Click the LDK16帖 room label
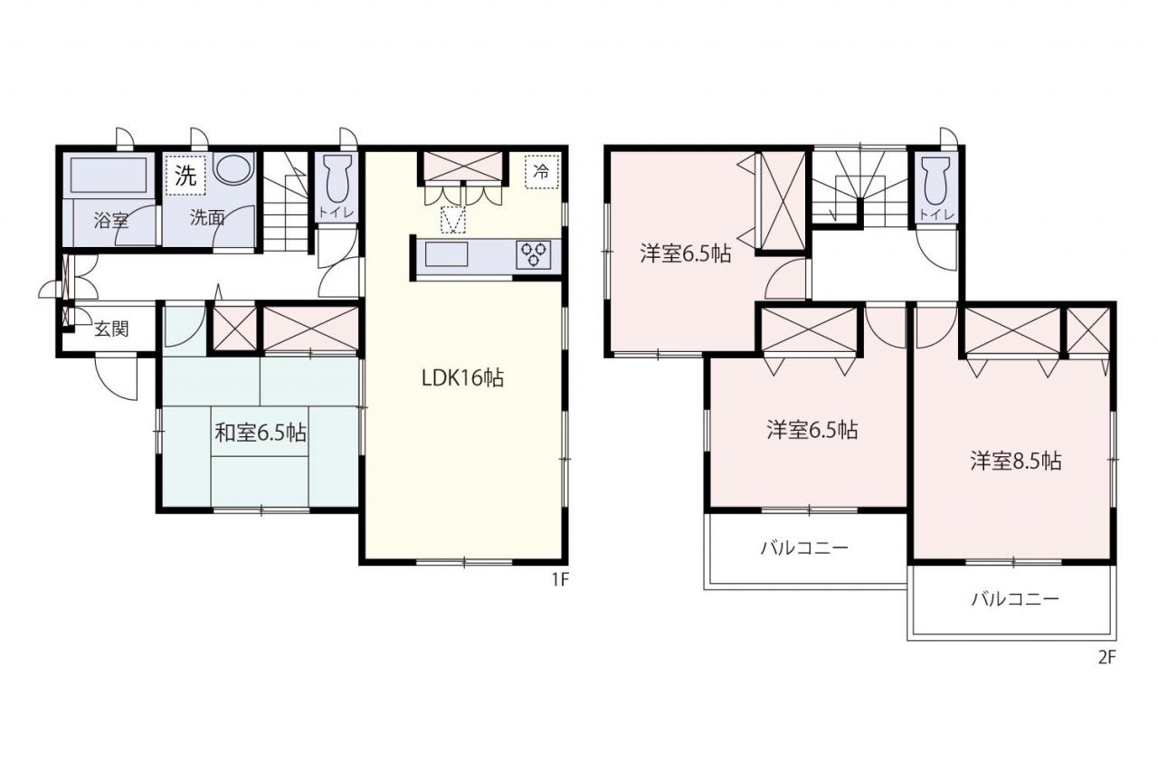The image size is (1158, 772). pos(462,378)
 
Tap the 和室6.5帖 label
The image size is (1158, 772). pos(261,433)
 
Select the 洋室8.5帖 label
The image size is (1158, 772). pos(1016,461)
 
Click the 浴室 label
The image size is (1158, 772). pos(111,220)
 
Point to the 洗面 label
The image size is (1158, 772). pos(207,218)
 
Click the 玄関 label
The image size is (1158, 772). pos(111,329)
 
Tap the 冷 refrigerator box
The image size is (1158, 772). pos(542,172)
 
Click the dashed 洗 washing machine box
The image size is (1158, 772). pos(185,176)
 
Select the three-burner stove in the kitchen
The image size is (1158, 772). pos(533,254)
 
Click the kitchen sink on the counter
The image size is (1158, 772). pos(446,254)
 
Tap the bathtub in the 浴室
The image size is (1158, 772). pos(109,176)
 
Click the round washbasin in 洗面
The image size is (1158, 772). pos(234,167)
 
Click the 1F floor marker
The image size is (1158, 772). pos(560,579)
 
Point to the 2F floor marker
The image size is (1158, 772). pos(1106,657)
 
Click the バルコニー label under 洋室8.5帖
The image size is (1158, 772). pos(1015,599)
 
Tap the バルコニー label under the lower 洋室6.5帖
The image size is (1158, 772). pos(804,548)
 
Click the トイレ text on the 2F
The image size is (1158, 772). pos(936,214)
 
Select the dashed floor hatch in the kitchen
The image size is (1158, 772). pos(453,220)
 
